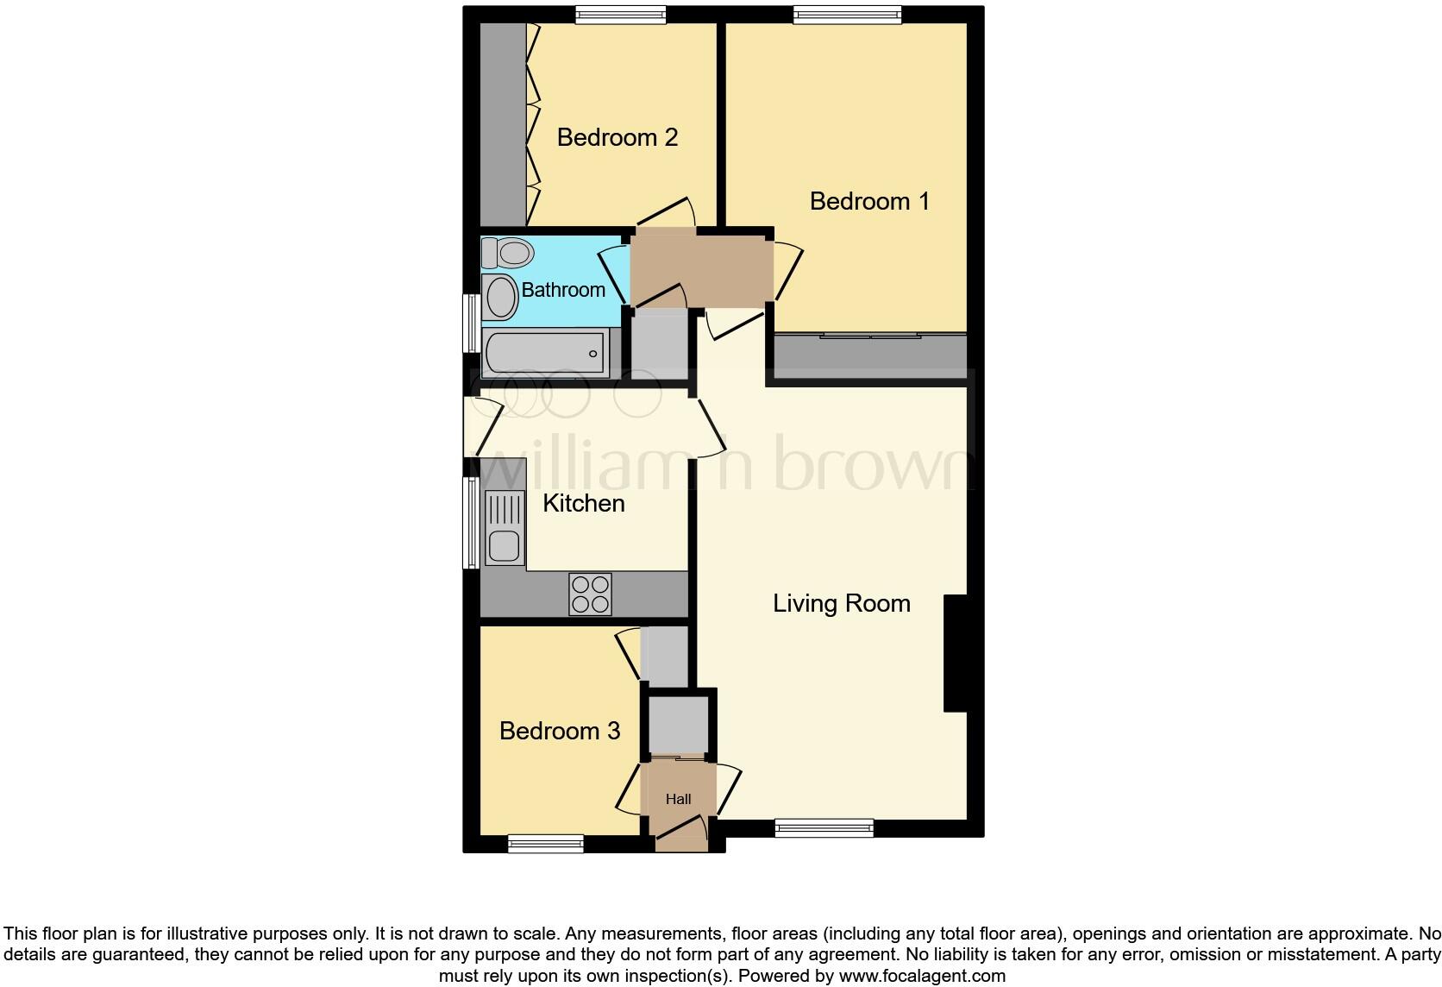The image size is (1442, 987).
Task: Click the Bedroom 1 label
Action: coord(869,201)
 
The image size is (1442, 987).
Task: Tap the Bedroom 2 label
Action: coord(617,137)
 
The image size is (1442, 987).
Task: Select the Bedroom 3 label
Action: coord(560,731)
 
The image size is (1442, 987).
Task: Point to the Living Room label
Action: coord(841,603)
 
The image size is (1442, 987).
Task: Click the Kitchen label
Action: coord(583,503)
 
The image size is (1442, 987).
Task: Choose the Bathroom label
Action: coord(563,290)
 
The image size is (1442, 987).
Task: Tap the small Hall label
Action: coord(678,800)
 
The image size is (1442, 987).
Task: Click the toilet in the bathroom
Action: coord(508,253)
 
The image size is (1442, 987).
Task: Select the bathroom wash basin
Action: coord(500,298)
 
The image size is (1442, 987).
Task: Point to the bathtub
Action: coord(544,353)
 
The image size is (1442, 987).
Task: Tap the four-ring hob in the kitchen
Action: coord(590,594)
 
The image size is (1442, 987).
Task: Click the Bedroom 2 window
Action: coord(620,14)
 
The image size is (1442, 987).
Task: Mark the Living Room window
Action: coord(824,829)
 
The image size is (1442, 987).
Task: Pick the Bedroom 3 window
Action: coord(546,844)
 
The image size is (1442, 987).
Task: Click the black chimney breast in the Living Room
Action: coord(955,653)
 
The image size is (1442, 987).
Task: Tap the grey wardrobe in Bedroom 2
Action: coord(503,124)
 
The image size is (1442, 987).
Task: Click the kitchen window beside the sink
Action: coord(471,523)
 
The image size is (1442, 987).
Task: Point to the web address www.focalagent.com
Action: coord(922,977)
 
